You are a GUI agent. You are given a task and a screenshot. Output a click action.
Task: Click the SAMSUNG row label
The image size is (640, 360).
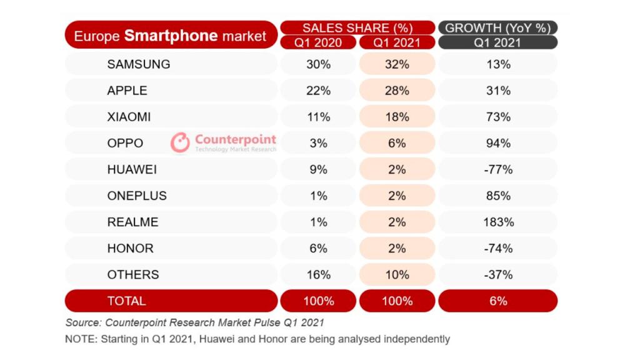[x=138, y=64]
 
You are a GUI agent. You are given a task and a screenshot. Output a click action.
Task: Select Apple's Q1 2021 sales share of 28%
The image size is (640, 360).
[x=397, y=91]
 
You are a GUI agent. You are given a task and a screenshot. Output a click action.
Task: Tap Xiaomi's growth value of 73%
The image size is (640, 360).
[x=498, y=117]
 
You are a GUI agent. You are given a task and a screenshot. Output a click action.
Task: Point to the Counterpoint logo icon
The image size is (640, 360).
[x=180, y=142]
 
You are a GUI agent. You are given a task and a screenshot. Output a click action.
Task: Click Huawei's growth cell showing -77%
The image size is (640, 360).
[x=498, y=169]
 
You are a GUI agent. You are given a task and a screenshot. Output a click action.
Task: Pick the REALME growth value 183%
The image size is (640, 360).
[x=498, y=222]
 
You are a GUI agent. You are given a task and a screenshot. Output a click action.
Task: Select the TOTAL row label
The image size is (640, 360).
[x=126, y=301]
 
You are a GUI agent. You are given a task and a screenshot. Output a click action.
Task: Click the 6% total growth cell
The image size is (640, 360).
[x=498, y=301]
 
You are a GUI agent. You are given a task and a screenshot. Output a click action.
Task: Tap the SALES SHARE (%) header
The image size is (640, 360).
[x=357, y=27]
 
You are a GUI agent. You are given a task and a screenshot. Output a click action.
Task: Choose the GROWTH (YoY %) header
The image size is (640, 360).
[x=498, y=27]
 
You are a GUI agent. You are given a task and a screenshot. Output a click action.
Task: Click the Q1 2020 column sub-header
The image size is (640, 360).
[x=318, y=42]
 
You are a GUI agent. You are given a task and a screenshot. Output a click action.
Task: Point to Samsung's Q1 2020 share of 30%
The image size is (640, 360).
[x=318, y=64]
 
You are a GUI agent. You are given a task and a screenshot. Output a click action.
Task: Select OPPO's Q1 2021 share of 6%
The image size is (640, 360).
[x=397, y=143]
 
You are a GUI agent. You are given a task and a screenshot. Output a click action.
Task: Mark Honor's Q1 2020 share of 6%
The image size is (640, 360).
[x=318, y=248]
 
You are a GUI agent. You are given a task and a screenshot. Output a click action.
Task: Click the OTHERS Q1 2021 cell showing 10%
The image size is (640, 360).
[x=397, y=274]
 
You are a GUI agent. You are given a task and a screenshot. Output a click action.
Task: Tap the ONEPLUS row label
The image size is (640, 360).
[x=137, y=196]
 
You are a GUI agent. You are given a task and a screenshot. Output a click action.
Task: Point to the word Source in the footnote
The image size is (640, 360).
[x=83, y=323]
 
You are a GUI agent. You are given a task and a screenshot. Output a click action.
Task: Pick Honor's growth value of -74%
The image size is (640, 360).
[x=498, y=248]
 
